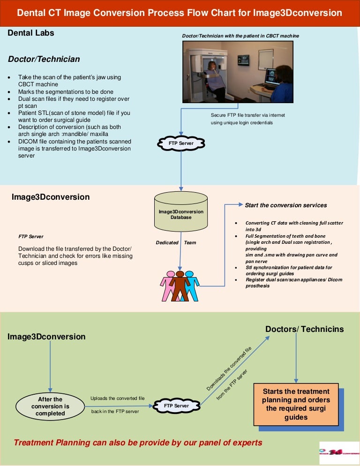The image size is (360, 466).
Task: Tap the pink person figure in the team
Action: [168, 286]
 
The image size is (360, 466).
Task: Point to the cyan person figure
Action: [191, 285]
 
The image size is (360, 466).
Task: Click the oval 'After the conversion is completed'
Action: [50, 406]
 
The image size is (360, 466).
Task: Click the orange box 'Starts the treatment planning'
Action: [296, 404]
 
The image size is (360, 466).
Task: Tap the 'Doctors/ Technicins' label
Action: [304, 329]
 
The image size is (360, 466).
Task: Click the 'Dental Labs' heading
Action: [31, 33]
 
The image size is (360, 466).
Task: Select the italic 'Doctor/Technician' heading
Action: [44, 59]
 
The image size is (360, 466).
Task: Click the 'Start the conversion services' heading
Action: [286, 205]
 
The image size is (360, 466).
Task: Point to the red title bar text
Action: [180, 13]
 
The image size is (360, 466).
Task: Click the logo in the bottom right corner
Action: [339, 453]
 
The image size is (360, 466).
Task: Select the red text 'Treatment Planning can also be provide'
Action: [138, 443]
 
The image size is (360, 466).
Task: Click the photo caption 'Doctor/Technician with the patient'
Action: [240, 36]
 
